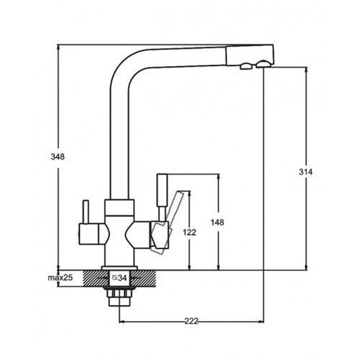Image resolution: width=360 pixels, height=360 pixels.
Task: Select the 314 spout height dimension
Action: [x=306, y=171]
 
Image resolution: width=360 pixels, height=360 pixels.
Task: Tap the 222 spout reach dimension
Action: [x=191, y=321]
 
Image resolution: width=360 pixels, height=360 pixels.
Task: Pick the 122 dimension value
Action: [x=190, y=232]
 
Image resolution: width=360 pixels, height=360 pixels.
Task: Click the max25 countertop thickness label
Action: [x=60, y=278]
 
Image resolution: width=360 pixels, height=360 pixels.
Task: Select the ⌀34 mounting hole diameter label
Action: [x=120, y=278]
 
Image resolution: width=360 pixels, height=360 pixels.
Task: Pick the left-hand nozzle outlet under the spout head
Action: [x=246, y=67]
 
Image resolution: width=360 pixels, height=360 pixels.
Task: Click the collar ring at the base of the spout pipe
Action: [x=119, y=207]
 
